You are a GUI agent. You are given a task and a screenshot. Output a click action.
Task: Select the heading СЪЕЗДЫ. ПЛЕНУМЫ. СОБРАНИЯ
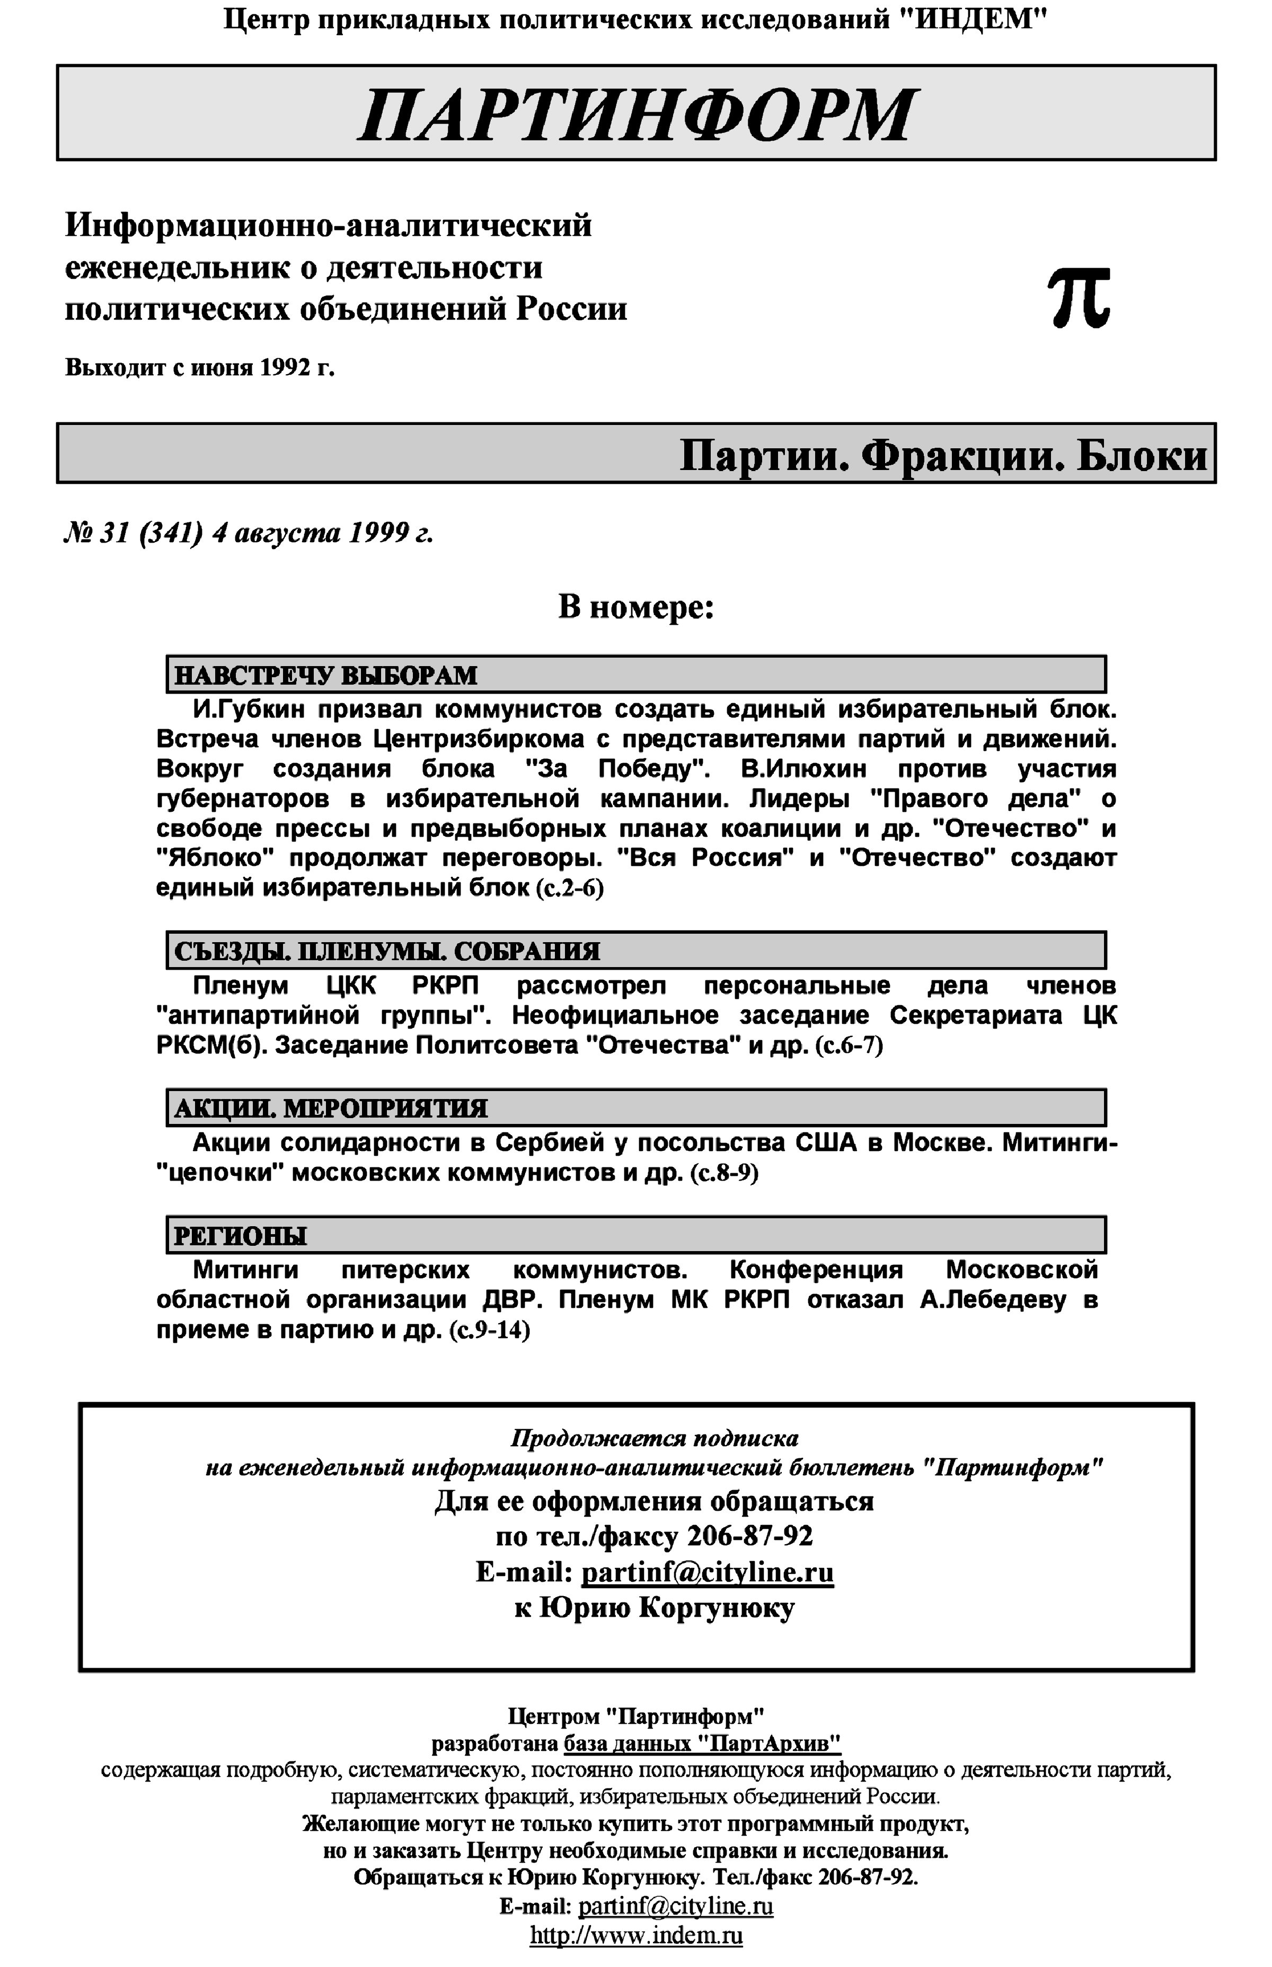[386, 951]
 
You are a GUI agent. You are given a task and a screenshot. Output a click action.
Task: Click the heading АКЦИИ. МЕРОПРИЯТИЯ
[330, 1108]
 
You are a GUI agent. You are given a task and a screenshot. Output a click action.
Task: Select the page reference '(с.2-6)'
[570, 889]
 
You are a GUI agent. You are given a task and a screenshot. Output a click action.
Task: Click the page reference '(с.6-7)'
[849, 1045]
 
